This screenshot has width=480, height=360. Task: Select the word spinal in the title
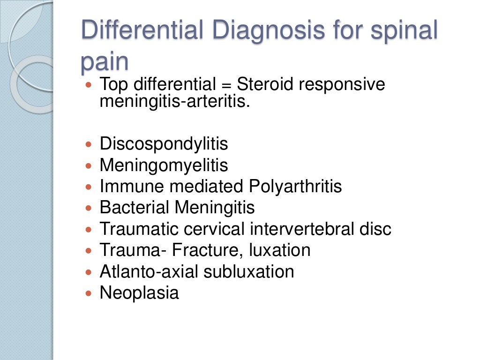tap(404, 30)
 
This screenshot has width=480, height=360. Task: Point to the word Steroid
tap(265, 85)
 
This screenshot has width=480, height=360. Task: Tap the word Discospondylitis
tap(164, 144)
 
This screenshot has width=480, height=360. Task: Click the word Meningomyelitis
tap(164, 165)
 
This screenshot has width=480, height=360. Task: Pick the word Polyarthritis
tap(295, 187)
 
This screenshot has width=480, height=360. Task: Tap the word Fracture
tap(206, 250)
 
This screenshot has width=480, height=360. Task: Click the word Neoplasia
tap(139, 293)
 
